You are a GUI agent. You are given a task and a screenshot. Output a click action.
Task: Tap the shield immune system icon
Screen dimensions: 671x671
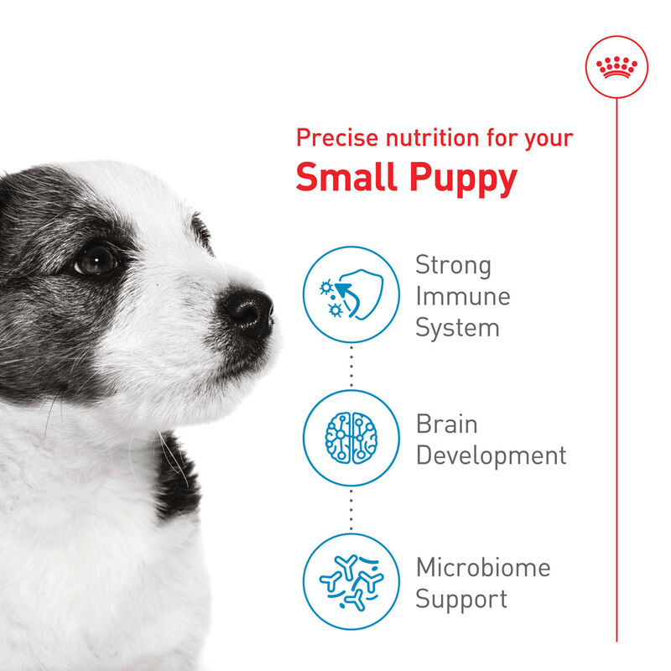pyautogui.click(x=351, y=294)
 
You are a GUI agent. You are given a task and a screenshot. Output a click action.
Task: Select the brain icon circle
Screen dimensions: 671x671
pyautogui.click(x=351, y=438)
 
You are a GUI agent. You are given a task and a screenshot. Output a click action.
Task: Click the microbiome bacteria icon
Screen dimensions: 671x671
pyautogui.click(x=351, y=581)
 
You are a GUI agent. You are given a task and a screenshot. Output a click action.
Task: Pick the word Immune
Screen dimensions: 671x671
pyautogui.click(x=462, y=296)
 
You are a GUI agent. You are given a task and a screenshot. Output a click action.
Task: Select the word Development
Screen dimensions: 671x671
pyautogui.click(x=492, y=456)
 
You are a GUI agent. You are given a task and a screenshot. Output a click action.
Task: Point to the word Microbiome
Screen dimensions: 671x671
pyautogui.click(x=483, y=568)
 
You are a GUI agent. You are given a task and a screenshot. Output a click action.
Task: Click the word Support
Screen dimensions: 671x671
pyautogui.click(x=461, y=600)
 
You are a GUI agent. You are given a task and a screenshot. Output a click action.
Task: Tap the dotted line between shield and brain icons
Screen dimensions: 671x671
pyautogui.click(x=351, y=367)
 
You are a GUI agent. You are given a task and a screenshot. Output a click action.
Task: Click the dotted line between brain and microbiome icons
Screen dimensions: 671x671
pyautogui.click(x=351, y=510)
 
